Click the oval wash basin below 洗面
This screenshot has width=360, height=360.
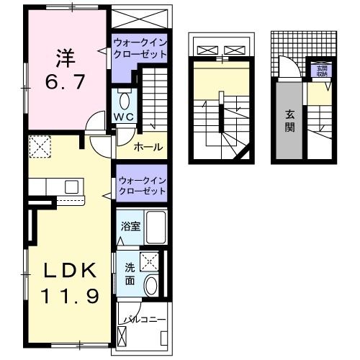[151, 286]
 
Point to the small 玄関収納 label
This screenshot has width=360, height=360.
[319, 70]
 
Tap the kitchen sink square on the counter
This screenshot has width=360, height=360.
[71, 186]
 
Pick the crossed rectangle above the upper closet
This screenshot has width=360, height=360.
[140, 18]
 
